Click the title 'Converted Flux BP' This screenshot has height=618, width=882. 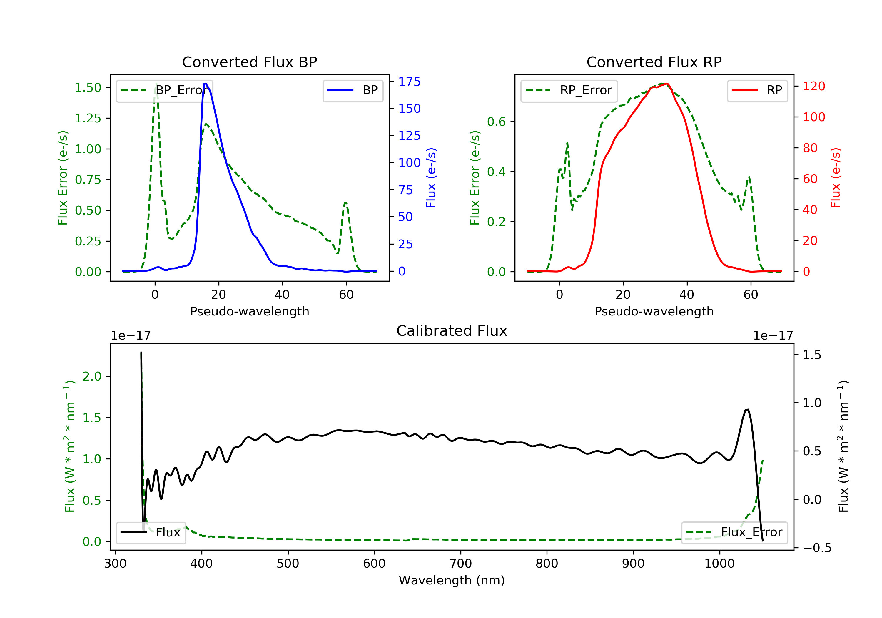[249, 62]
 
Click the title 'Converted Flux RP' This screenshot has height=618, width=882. [654, 62]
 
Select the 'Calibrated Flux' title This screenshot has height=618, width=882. [452, 331]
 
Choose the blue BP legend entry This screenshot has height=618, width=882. [353, 90]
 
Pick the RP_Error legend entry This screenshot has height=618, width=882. [569, 90]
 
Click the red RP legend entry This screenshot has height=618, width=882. [757, 90]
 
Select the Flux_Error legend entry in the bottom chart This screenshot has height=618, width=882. [734, 532]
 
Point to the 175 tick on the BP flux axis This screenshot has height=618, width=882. [409, 82]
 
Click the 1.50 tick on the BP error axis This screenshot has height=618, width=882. [88, 88]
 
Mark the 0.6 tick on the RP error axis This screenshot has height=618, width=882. [496, 122]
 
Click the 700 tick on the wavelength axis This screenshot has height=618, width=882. [461, 564]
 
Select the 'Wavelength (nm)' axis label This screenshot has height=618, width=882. [452, 580]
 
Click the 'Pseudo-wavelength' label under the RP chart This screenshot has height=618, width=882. [654, 311]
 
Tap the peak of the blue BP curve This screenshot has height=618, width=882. [206, 84]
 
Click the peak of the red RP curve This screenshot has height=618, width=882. [666, 84]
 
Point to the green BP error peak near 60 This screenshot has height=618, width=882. [346, 203]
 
